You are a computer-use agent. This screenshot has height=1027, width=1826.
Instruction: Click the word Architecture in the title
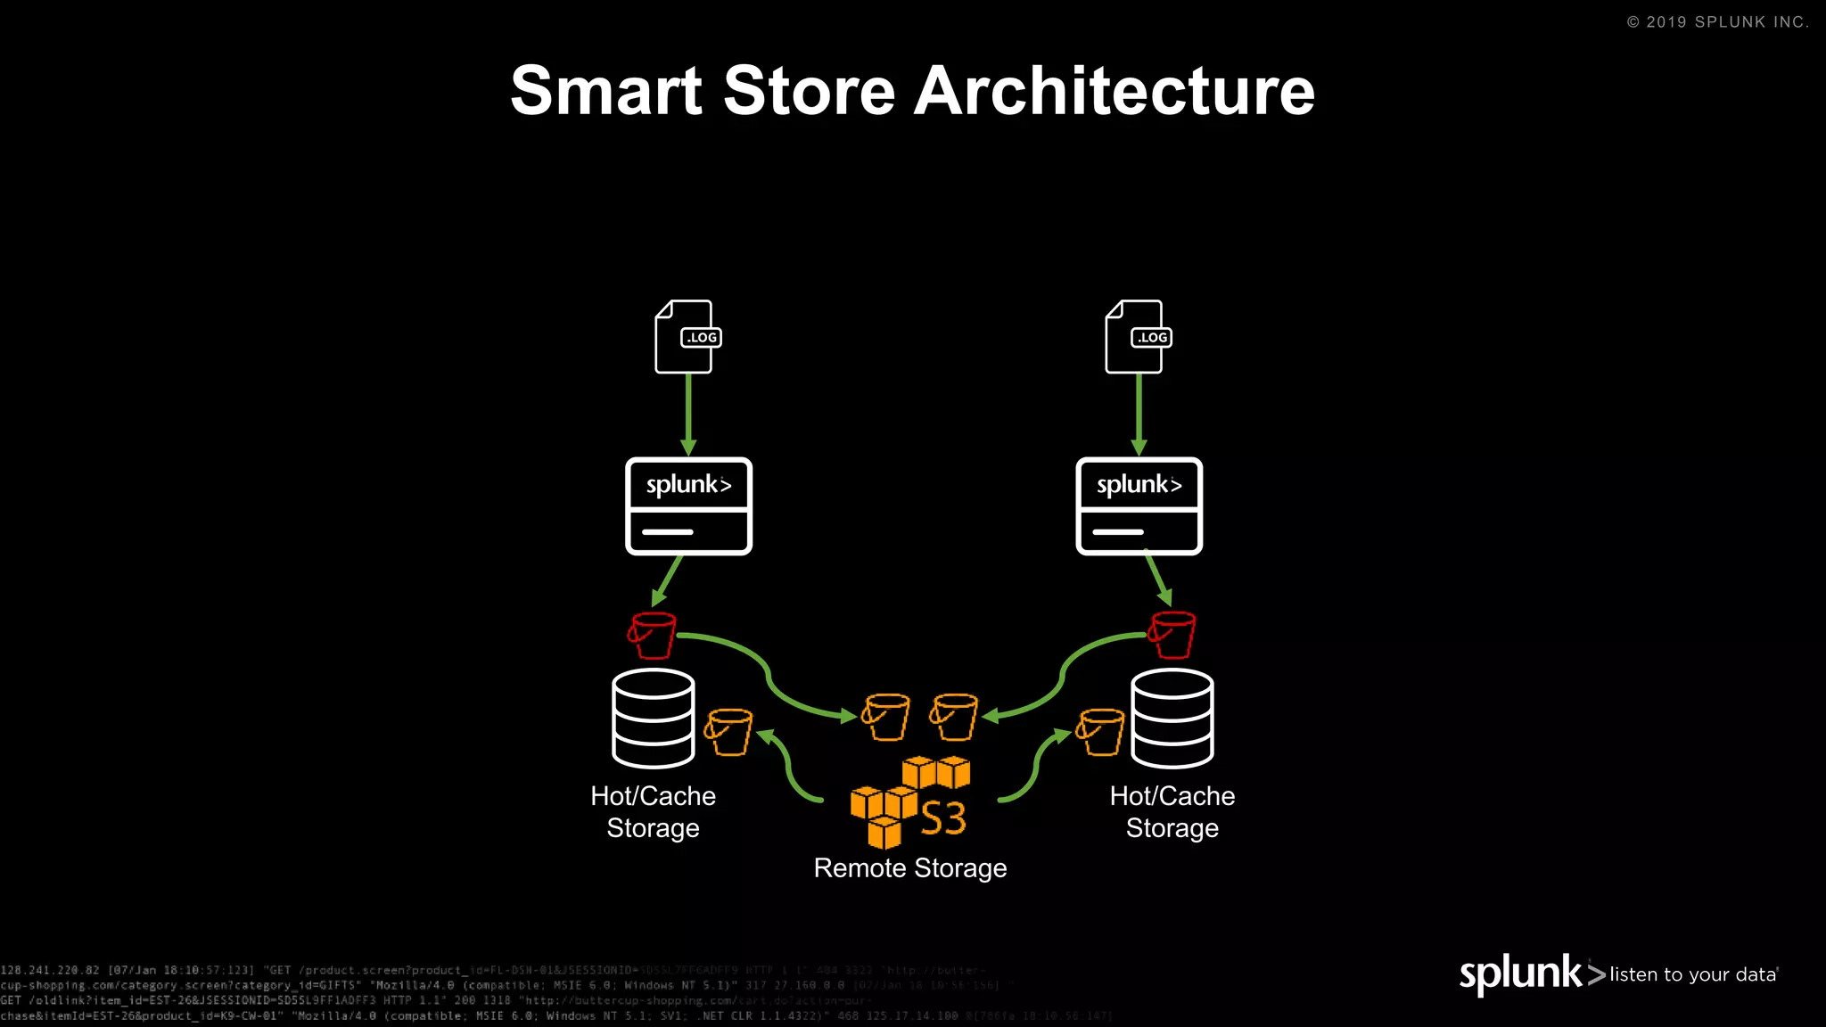tap(1115, 91)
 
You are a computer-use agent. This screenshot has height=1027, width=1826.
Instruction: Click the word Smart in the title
tap(606, 91)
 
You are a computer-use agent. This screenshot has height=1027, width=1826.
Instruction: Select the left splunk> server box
tap(688, 506)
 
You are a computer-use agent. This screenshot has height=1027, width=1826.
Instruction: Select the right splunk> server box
tap(1139, 506)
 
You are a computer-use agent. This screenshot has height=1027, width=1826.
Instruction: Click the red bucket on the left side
tap(652, 635)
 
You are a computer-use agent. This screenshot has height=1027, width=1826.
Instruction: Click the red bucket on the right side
tap(1172, 635)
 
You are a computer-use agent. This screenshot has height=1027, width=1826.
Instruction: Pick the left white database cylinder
tap(653, 719)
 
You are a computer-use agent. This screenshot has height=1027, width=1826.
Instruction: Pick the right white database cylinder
tap(1172, 719)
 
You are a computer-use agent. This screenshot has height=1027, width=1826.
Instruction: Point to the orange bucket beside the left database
tap(728, 732)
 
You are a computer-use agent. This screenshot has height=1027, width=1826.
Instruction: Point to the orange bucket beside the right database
tap(1100, 732)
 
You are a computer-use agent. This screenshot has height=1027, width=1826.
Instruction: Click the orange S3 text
tap(943, 818)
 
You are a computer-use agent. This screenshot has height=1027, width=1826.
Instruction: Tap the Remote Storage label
tap(909, 868)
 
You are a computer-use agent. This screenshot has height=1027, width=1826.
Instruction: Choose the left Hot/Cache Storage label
tap(653, 812)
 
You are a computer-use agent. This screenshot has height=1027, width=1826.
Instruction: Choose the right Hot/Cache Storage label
tap(1172, 812)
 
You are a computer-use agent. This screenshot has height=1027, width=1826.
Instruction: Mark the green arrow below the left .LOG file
tap(688, 415)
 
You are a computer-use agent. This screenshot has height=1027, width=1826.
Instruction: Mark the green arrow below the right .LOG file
tap(1139, 415)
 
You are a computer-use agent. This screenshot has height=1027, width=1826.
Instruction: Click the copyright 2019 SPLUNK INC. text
tap(1717, 22)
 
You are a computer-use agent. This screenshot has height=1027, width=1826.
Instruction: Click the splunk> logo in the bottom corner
tap(1531, 974)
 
